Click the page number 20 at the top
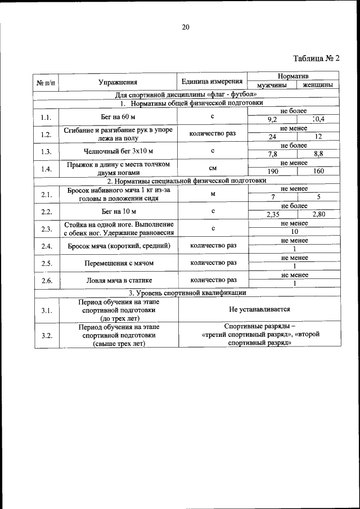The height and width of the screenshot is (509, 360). (186, 26)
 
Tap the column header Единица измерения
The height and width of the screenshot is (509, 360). (213, 82)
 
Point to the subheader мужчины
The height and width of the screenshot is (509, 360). (272, 85)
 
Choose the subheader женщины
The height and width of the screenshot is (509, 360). (317, 85)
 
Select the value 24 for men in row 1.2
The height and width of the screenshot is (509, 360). (272, 137)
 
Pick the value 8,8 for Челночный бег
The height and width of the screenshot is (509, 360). (318, 154)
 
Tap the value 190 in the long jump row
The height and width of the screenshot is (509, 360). (272, 171)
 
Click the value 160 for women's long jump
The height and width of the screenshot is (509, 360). (318, 171)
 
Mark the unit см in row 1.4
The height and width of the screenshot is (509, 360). (213, 168)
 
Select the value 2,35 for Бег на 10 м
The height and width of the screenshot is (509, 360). (272, 214)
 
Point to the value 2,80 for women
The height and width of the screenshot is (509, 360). (318, 214)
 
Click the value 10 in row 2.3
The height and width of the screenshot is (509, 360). (294, 232)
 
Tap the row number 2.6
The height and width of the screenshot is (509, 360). (46, 280)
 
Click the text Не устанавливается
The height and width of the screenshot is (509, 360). (259, 309)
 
